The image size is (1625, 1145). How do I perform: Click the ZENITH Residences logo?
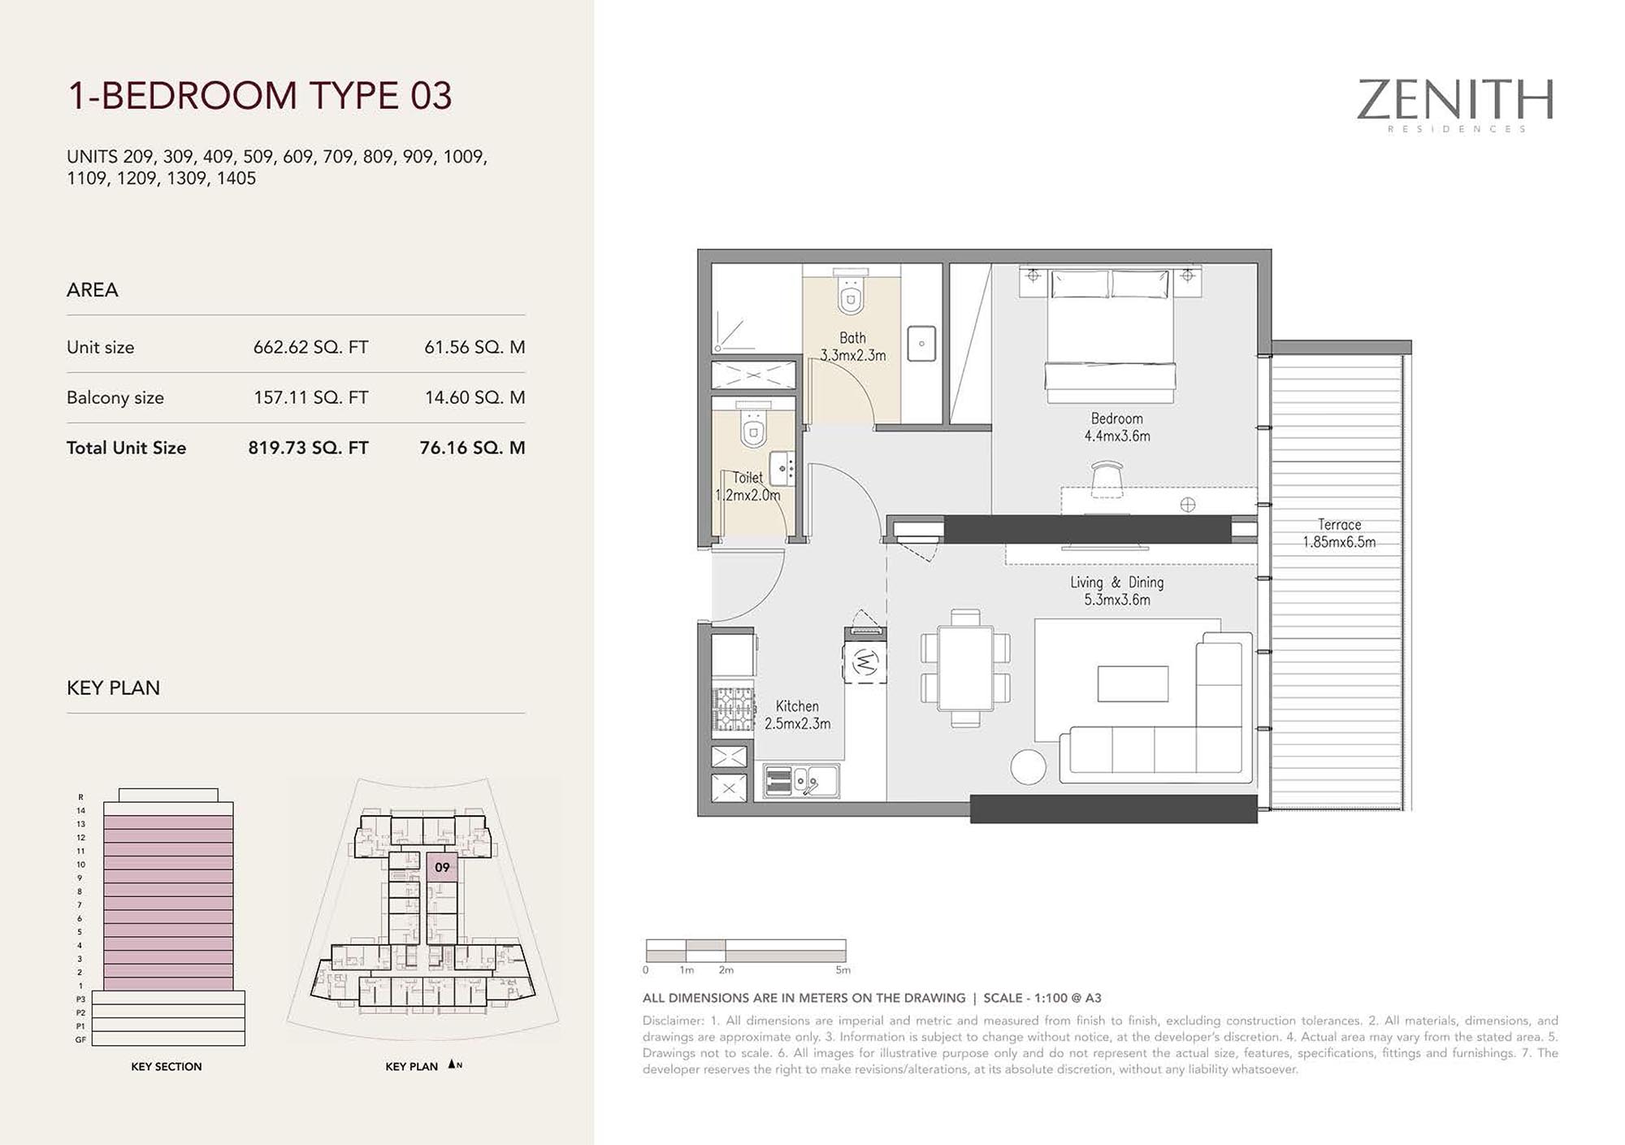point(1454,105)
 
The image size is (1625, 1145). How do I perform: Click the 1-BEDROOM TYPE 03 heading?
point(259,95)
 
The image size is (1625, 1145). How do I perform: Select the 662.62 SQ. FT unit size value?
point(310,347)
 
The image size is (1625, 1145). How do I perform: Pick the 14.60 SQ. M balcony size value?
point(474,397)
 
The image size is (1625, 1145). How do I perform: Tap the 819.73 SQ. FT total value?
point(308,448)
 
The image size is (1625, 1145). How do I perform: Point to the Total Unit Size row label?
point(126,448)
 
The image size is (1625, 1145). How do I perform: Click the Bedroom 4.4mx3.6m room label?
point(1117,427)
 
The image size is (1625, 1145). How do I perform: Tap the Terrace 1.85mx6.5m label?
point(1339,533)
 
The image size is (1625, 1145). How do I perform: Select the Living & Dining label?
point(1116,591)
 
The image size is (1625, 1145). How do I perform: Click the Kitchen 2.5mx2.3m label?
point(797,715)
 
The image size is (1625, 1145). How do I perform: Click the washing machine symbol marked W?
point(864,662)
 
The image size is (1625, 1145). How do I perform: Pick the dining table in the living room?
point(965,667)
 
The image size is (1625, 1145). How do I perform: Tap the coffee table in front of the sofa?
point(1133,683)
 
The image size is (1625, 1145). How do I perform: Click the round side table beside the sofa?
point(1028,767)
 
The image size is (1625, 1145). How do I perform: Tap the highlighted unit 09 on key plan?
point(442,867)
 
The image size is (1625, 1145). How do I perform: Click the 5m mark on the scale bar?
point(843,969)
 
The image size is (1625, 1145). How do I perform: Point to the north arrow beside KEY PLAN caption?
point(452,1065)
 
